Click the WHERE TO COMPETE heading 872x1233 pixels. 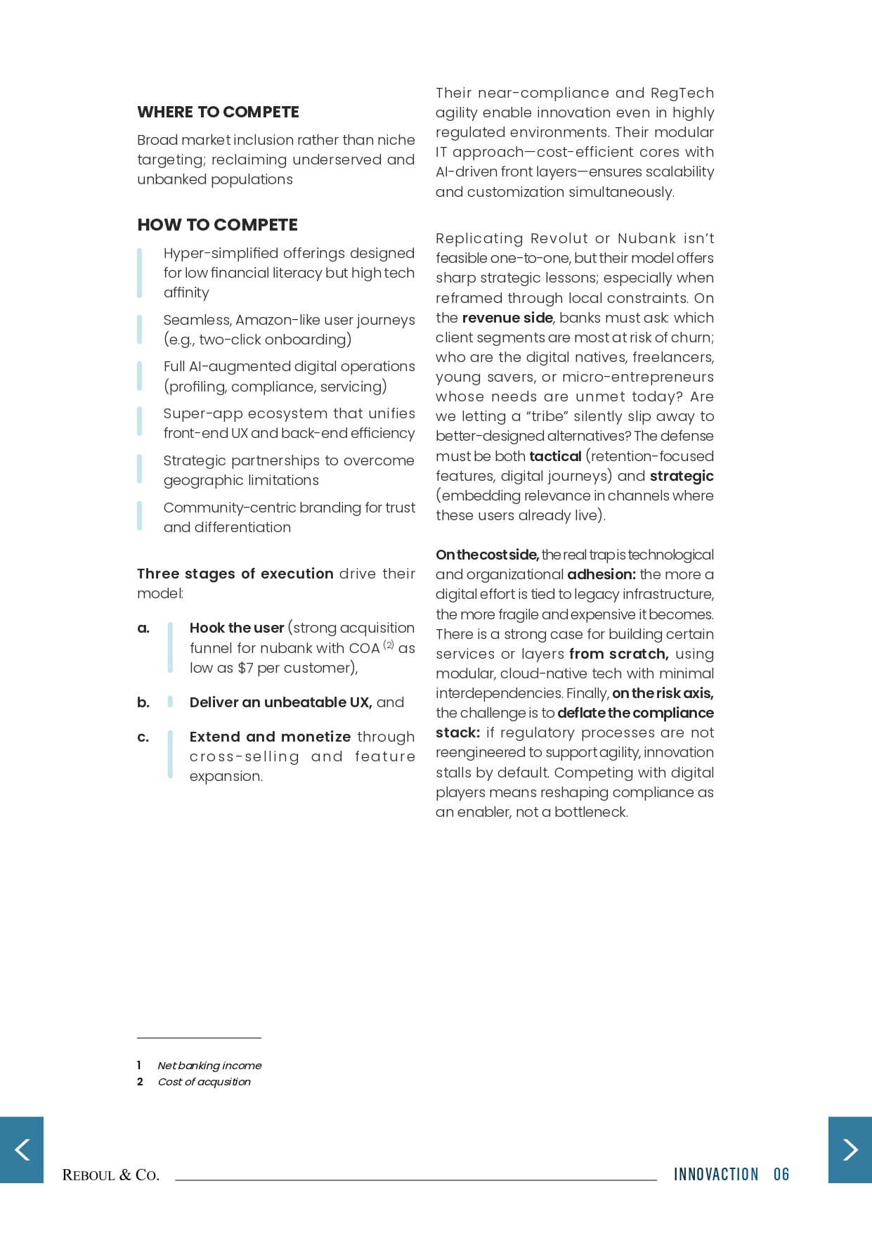(218, 112)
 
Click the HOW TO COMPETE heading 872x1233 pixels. (217, 225)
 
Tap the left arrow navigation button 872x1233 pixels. (22, 1150)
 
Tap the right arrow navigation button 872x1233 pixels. (850, 1150)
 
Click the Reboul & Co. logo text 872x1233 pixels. (110, 1175)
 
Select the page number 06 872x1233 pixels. (781, 1175)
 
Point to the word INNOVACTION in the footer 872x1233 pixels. (716, 1175)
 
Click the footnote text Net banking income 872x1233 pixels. (209, 1066)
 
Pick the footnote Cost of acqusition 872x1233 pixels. (204, 1082)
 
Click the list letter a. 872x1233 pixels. (143, 628)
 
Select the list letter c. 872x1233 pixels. (143, 737)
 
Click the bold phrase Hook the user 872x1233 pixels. (237, 628)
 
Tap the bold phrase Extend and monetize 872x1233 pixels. (270, 737)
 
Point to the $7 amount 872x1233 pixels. (245, 668)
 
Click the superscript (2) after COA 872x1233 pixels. (389, 645)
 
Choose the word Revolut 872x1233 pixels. (560, 238)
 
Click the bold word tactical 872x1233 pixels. (555, 456)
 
